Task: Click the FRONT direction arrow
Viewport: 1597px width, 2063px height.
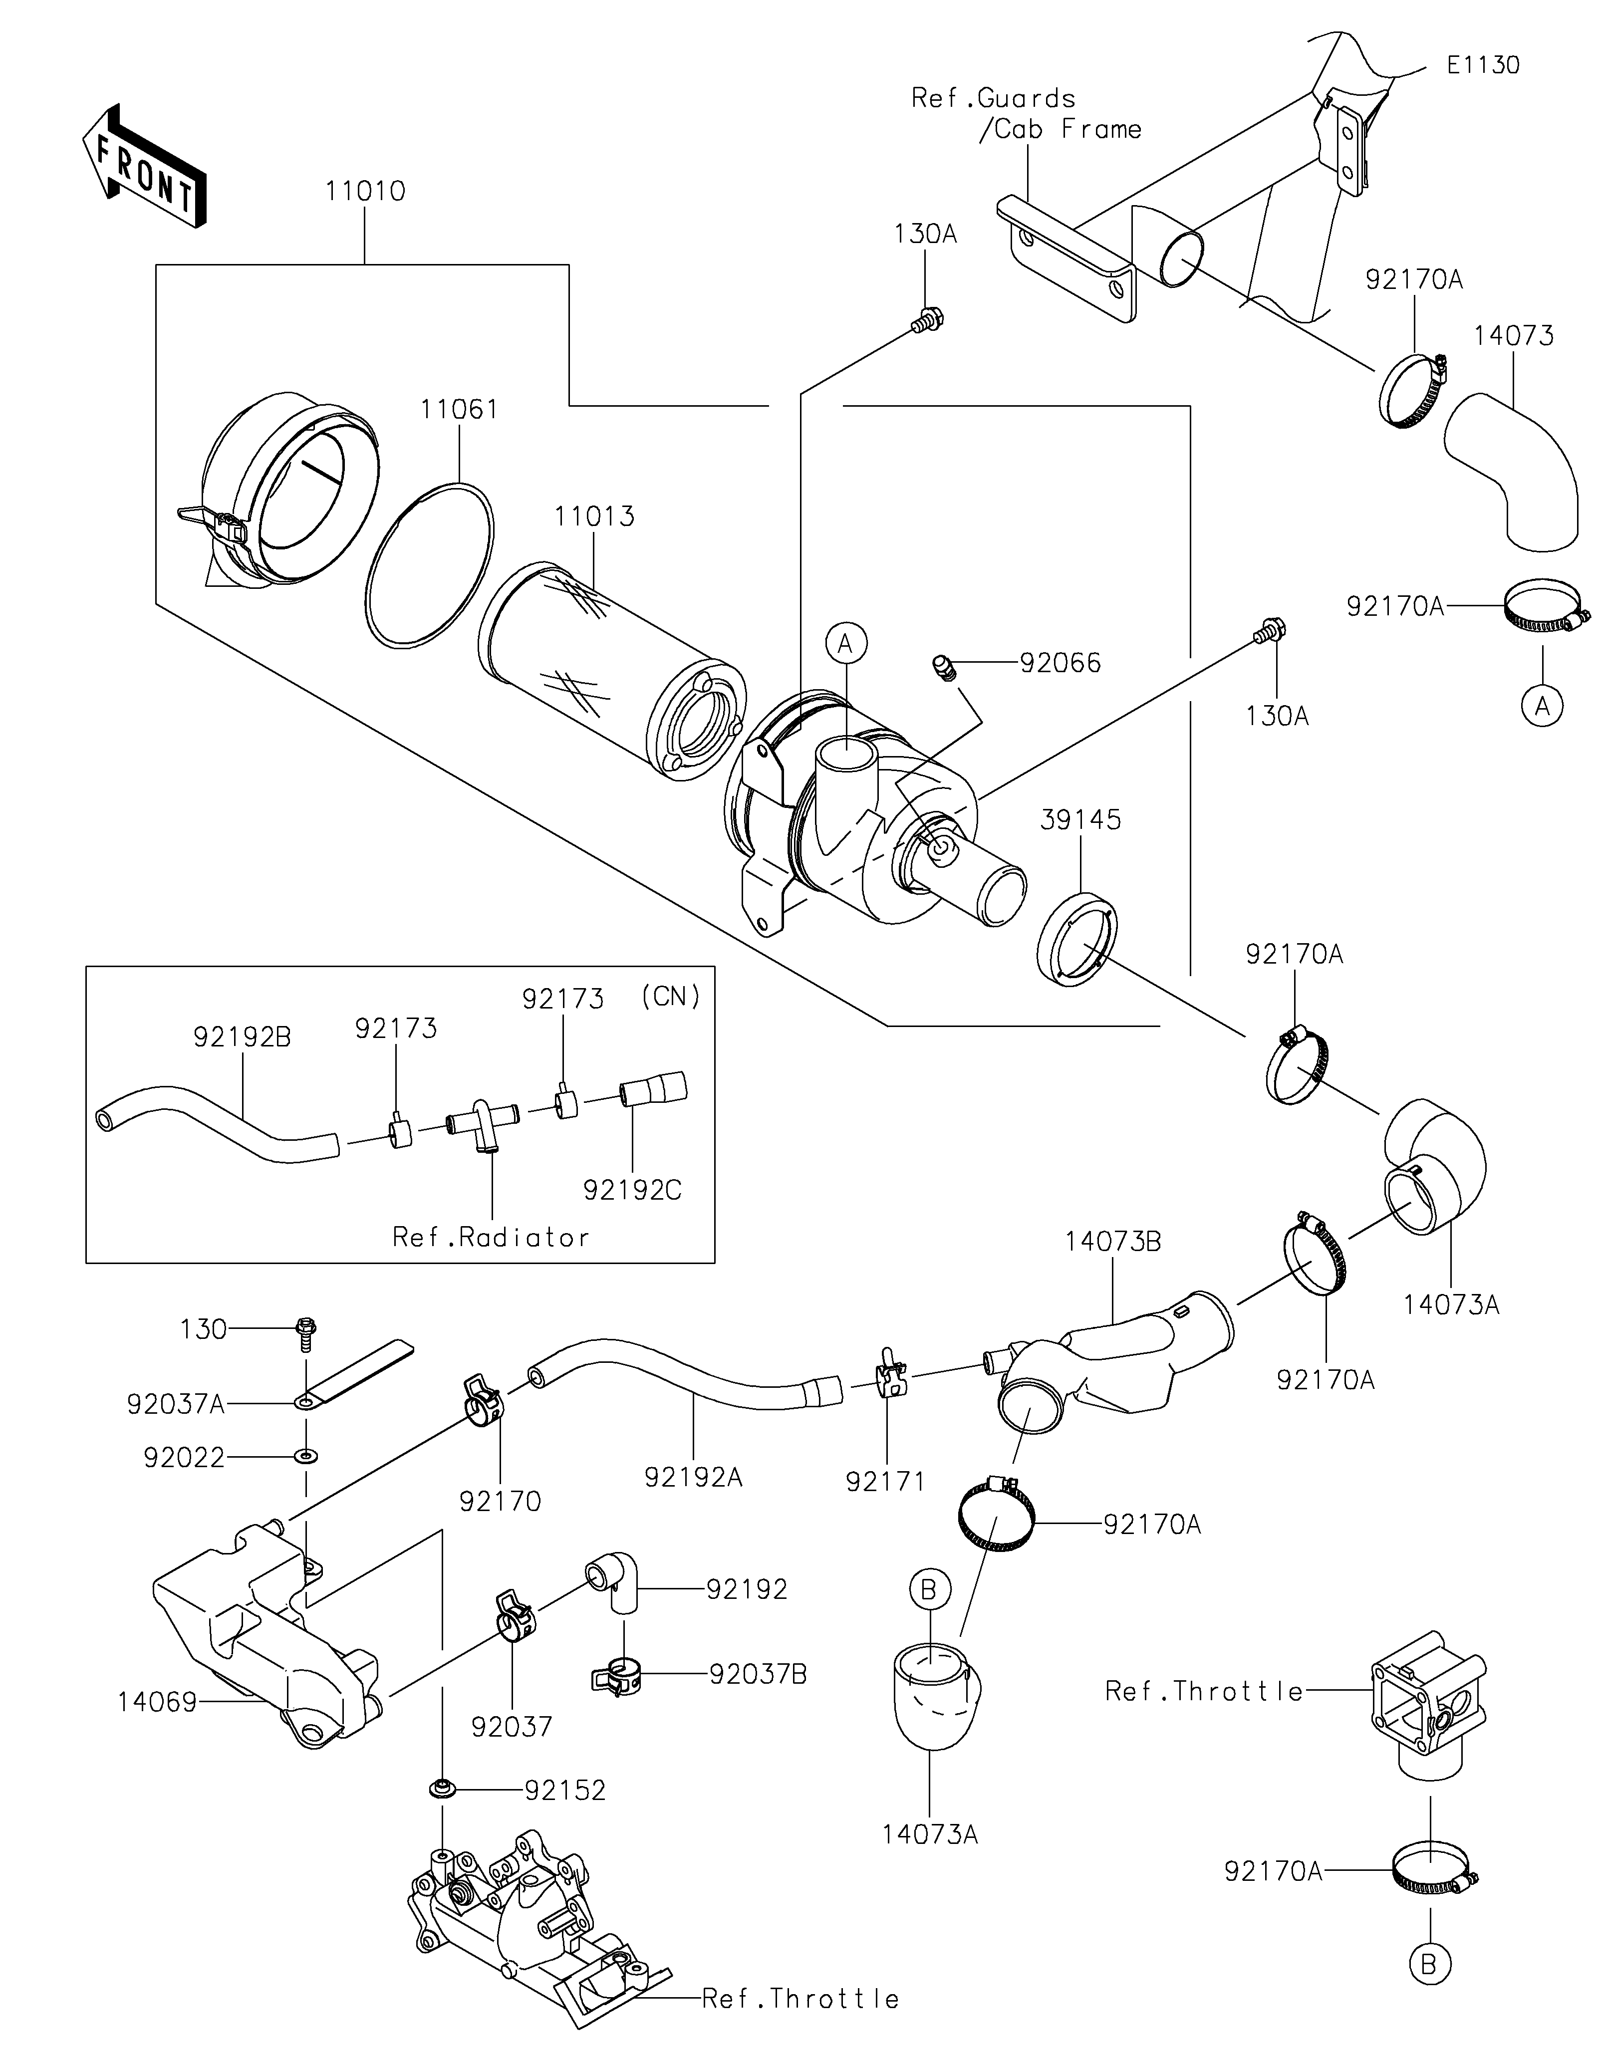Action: pos(144,166)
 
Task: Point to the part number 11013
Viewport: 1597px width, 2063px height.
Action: pos(594,516)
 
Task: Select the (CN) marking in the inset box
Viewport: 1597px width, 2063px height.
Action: pos(671,997)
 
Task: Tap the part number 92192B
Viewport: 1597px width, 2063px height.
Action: pos(243,1037)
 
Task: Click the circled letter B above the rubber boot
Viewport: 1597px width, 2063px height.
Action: pos(928,1591)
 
